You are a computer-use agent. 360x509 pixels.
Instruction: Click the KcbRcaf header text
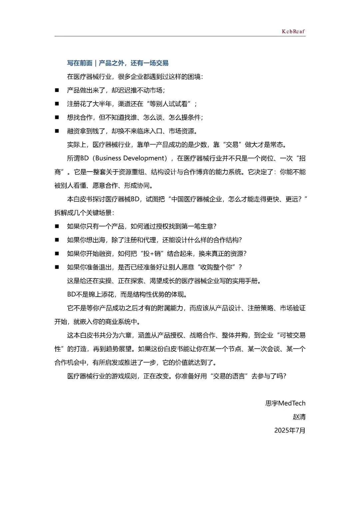coord(293,31)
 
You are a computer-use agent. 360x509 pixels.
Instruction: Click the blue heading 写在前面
coord(80,63)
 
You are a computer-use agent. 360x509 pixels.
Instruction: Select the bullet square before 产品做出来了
coord(57,90)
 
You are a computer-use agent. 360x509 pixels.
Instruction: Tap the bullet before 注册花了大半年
coord(57,104)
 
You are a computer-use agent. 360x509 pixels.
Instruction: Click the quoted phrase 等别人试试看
coord(168,104)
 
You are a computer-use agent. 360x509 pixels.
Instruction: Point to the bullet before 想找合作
coord(57,117)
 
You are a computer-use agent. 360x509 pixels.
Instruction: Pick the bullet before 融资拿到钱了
coord(57,131)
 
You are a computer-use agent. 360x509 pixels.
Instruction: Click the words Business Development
coord(131,158)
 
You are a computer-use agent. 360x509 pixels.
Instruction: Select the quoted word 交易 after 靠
coord(232,145)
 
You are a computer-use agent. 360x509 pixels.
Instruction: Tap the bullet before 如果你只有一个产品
coord(57,226)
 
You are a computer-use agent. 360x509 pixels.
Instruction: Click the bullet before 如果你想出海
coord(57,240)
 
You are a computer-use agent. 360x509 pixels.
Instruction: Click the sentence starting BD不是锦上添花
coord(127,294)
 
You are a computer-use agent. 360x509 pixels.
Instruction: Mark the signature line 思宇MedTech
coord(285,403)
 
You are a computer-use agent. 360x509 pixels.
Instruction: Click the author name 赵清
coord(299,417)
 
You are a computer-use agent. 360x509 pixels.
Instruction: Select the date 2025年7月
coord(290,430)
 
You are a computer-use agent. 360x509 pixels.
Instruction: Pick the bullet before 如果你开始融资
coord(57,254)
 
